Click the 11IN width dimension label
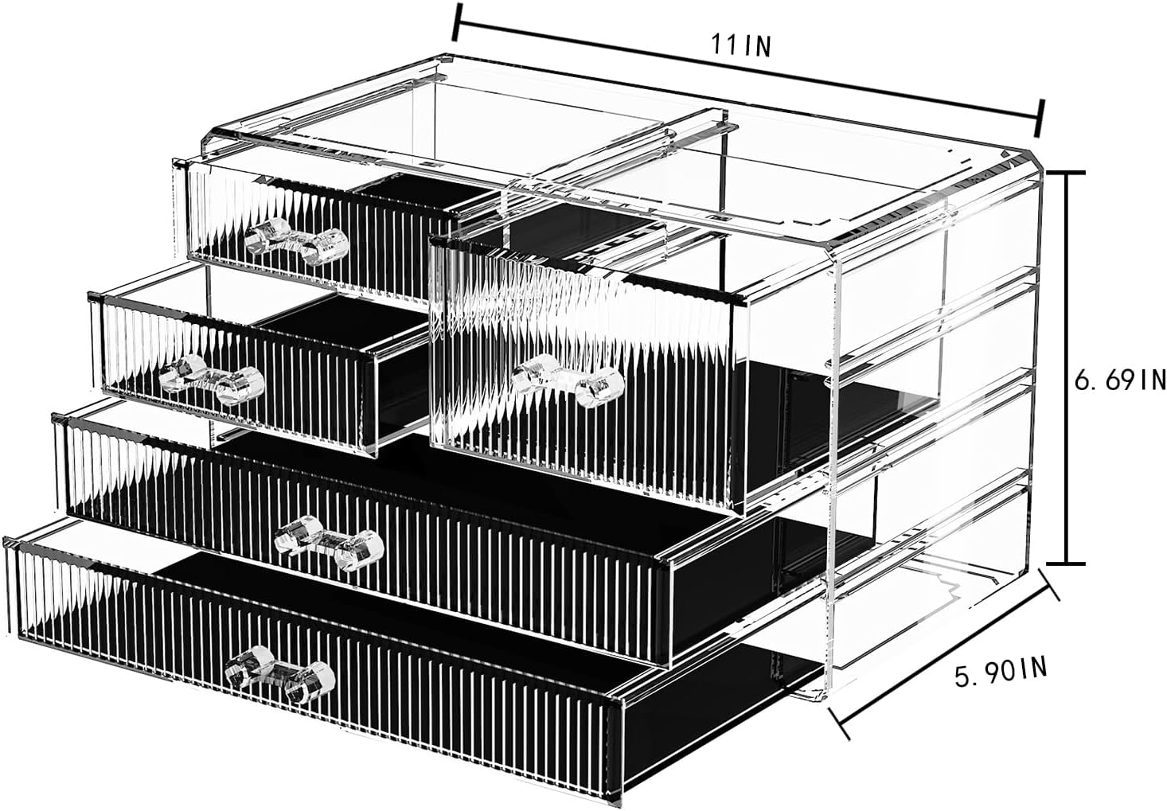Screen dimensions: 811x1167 [741, 46]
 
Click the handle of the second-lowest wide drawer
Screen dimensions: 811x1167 [328, 542]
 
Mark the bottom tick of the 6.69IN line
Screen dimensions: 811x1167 [1066, 563]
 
